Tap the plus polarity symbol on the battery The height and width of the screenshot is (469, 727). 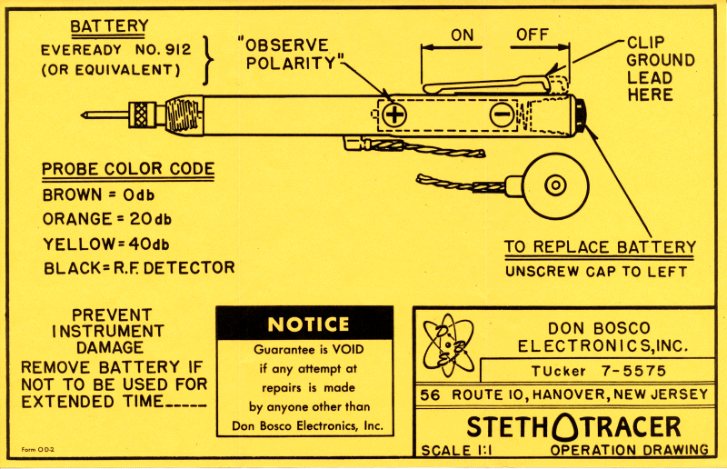coord(393,115)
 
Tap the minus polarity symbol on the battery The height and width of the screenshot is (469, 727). coord(502,115)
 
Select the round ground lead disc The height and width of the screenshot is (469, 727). coord(551,186)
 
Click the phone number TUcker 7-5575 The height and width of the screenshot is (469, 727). coord(599,371)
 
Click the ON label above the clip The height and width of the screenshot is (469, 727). coord(463,35)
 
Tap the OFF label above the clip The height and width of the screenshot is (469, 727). coord(533,35)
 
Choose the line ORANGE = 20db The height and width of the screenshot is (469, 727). coord(106,219)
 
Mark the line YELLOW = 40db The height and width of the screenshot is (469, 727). coord(106,244)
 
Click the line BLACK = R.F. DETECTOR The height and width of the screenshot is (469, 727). coord(138,267)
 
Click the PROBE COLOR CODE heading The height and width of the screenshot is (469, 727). coord(128,168)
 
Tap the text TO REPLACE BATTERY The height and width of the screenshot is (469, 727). coord(600,247)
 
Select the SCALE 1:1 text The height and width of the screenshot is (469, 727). coord(457,450)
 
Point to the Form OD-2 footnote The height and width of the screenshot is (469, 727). coord(37,449)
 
